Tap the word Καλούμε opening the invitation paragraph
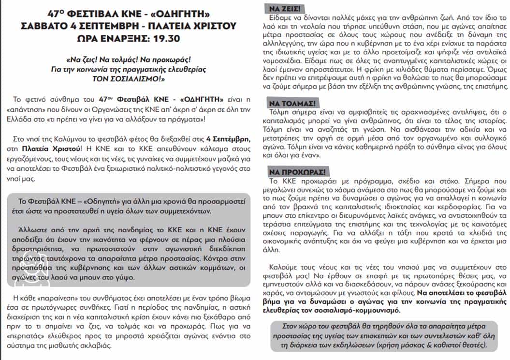pyautogui.click(x=283, y=267)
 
